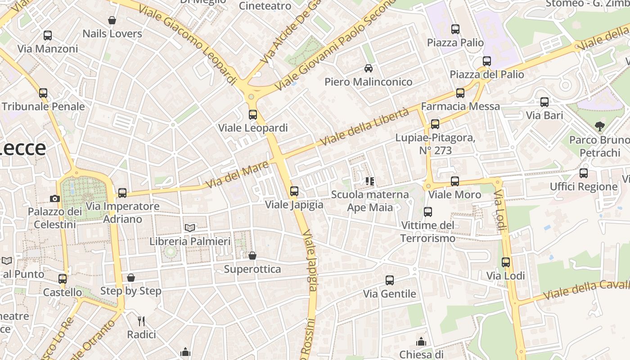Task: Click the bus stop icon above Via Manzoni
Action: [x=47, y=36]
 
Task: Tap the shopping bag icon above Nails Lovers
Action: [x=112, y=20]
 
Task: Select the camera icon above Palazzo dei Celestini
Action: [x=55, y=198]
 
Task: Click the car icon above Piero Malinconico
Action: [x=369, y=68]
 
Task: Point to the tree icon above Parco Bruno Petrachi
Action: [x=599, y=126]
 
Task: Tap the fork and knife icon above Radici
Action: [x=141, y=321]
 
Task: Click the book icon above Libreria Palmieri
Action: [x=190, y=228]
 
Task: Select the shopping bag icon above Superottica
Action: [x=252, y=256]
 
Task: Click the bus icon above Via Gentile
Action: [x=390, y=280]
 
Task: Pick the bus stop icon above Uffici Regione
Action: [x=584, y=173]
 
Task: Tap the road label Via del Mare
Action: [x=238, y=175]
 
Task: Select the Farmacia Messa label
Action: [x=460, y=106]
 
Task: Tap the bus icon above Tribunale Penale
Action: [x=43, y=93]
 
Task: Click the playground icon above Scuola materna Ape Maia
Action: [x=370, y=181]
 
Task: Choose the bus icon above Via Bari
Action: [x=544, y=102]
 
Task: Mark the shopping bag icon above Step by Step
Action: [x=131, y=278]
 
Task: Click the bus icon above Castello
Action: [x=63, y=279]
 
